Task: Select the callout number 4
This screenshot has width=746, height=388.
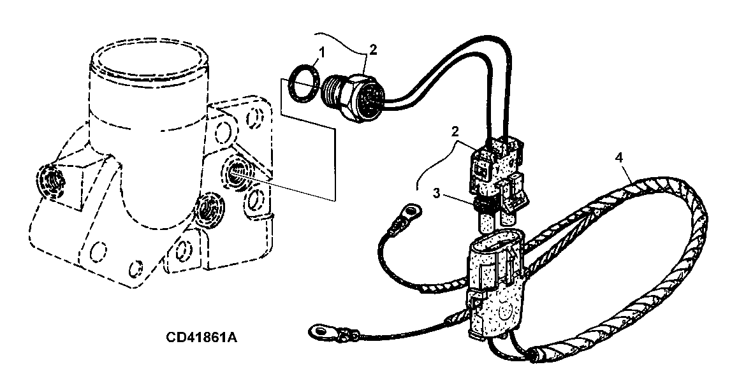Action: [x=618, y=158]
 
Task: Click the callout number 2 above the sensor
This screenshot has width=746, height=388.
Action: [x=373, y=50]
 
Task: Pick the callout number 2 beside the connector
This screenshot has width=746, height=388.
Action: [x=455, y=131]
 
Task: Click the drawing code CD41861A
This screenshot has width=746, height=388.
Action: [x=201, y=337]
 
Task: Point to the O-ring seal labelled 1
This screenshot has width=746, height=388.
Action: [x=302, y=83]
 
